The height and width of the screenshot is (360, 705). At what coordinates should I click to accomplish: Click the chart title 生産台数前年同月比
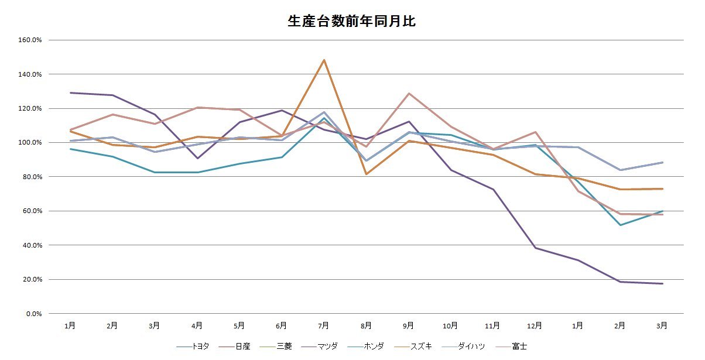tap(352, 22)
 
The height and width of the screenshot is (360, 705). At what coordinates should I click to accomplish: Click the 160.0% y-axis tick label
tap(30, 40)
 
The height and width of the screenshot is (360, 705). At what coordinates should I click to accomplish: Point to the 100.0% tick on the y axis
tap(30, 142)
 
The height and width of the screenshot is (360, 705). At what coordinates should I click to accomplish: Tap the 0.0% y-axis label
tap(33, 313)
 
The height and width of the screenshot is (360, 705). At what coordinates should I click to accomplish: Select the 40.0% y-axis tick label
tap(31, 245)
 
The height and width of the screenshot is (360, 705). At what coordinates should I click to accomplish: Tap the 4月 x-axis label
tap(197, 325)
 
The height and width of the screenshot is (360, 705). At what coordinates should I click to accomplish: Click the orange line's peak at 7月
tap(324, 60)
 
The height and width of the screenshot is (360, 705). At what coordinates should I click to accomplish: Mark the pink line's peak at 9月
tap(409, 93)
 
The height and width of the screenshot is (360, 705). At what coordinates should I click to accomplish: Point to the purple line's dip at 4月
tap(197, 158)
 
